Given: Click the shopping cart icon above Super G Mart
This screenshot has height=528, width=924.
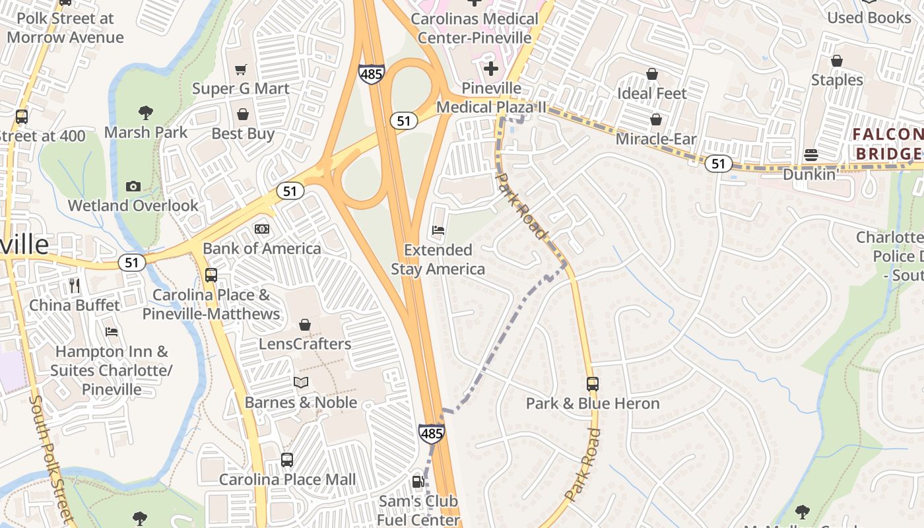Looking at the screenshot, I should [242, 69].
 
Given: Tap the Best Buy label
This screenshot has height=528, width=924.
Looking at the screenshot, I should [242, 134].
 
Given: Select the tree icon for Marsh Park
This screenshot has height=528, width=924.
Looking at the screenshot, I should [146, 113].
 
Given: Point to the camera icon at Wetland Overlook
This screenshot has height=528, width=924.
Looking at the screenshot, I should [133, 186].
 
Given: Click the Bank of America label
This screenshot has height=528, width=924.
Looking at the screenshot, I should [261, 249].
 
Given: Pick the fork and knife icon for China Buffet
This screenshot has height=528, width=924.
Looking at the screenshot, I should [75, 286].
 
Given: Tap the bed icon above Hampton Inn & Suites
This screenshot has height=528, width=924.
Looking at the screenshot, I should [112, 331].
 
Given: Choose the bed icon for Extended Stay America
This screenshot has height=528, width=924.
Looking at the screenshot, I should [438, 231].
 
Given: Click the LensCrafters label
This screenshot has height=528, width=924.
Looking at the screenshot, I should [304, 344].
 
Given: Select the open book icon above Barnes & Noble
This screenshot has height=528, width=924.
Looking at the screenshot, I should [301, 382].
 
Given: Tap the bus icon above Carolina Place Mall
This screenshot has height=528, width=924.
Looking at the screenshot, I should [287, 460].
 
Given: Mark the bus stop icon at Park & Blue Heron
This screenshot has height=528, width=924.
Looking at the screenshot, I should [592, 383].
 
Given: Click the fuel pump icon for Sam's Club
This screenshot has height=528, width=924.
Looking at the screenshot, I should [418, 482].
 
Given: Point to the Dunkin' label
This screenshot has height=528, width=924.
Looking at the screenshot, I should [810, 175].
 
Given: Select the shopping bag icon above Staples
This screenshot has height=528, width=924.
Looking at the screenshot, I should [837, 61].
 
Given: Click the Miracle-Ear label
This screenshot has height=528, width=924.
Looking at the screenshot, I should [655, 139].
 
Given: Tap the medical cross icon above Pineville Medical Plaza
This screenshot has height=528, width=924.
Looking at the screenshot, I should [491, 69].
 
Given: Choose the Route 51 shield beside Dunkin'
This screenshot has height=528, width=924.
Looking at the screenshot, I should [718, 163].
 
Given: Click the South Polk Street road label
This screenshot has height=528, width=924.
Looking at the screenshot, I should [50, 455].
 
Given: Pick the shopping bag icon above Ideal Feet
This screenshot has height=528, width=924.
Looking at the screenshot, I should [652, 74].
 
